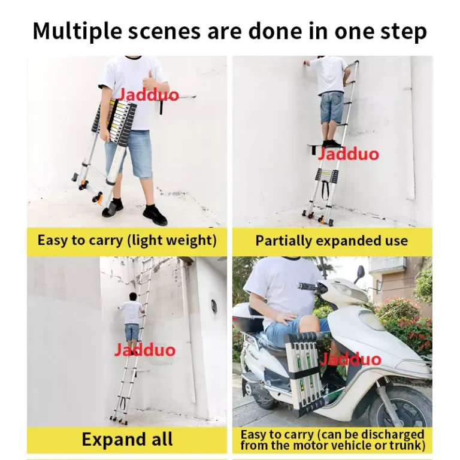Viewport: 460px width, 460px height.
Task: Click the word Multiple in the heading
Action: click(77, 31)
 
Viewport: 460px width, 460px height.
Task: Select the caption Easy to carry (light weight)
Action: click(127, 240)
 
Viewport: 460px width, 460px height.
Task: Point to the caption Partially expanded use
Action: click(331, 241)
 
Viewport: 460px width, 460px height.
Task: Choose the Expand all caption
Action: click(127, 439)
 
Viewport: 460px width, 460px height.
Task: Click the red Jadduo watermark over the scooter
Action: click(350, 359)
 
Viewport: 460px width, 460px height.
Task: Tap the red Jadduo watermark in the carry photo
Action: click(148, 95)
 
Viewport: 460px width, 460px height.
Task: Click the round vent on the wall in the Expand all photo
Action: click(214, 306)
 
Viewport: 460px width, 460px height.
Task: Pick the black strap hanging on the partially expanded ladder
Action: click(325, 190)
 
